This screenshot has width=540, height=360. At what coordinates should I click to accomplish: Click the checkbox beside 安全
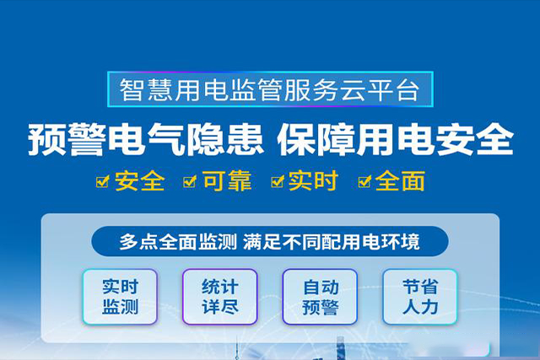103,181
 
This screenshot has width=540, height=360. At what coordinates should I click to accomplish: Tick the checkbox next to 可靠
190,181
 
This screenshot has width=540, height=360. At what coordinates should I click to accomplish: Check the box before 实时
277,181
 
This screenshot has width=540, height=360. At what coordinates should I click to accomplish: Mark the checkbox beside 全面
364,181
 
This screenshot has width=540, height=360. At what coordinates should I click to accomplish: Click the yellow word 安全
140,180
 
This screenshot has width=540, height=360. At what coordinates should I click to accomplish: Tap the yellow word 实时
314,180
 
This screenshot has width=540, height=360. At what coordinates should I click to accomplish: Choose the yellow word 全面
401,180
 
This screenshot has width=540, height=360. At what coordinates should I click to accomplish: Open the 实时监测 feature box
120,296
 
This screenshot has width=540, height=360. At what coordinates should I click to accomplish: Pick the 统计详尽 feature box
219,296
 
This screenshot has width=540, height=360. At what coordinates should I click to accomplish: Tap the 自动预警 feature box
320,296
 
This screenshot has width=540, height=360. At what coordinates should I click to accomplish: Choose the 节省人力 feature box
419,296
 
